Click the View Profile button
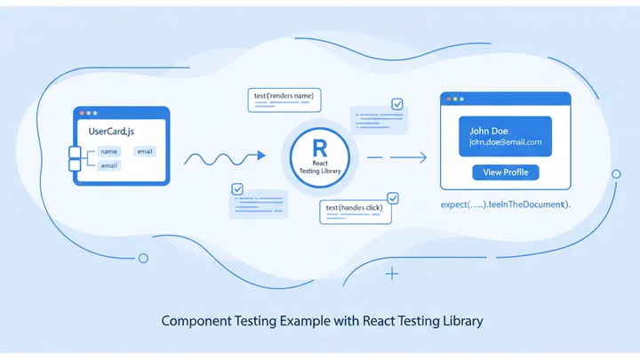point(506,172)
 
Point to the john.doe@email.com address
point(505,142)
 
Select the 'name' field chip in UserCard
point(108,151)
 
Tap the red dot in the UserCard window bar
point(82,114)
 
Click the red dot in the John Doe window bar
point(449,99)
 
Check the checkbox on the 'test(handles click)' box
point(393,198)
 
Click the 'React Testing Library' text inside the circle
point(320,166)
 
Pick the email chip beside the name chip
point(144,151)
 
